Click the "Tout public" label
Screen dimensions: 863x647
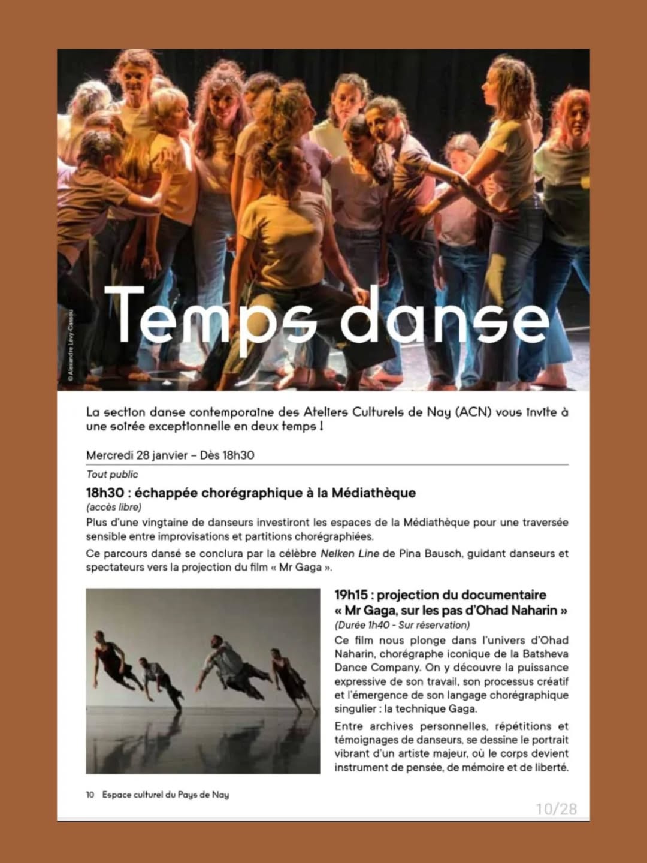point(112,475)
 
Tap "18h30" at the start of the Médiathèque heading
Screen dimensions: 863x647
point(105,493)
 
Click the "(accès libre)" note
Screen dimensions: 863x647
point(114,507)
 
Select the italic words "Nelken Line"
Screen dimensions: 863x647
point(349,553)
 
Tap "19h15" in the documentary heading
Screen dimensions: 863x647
point(353,595)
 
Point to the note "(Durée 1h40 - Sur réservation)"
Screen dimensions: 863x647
point(402,625)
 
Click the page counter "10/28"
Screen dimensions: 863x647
point(556,809)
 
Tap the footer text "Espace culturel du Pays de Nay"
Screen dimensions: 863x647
point(165,795)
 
